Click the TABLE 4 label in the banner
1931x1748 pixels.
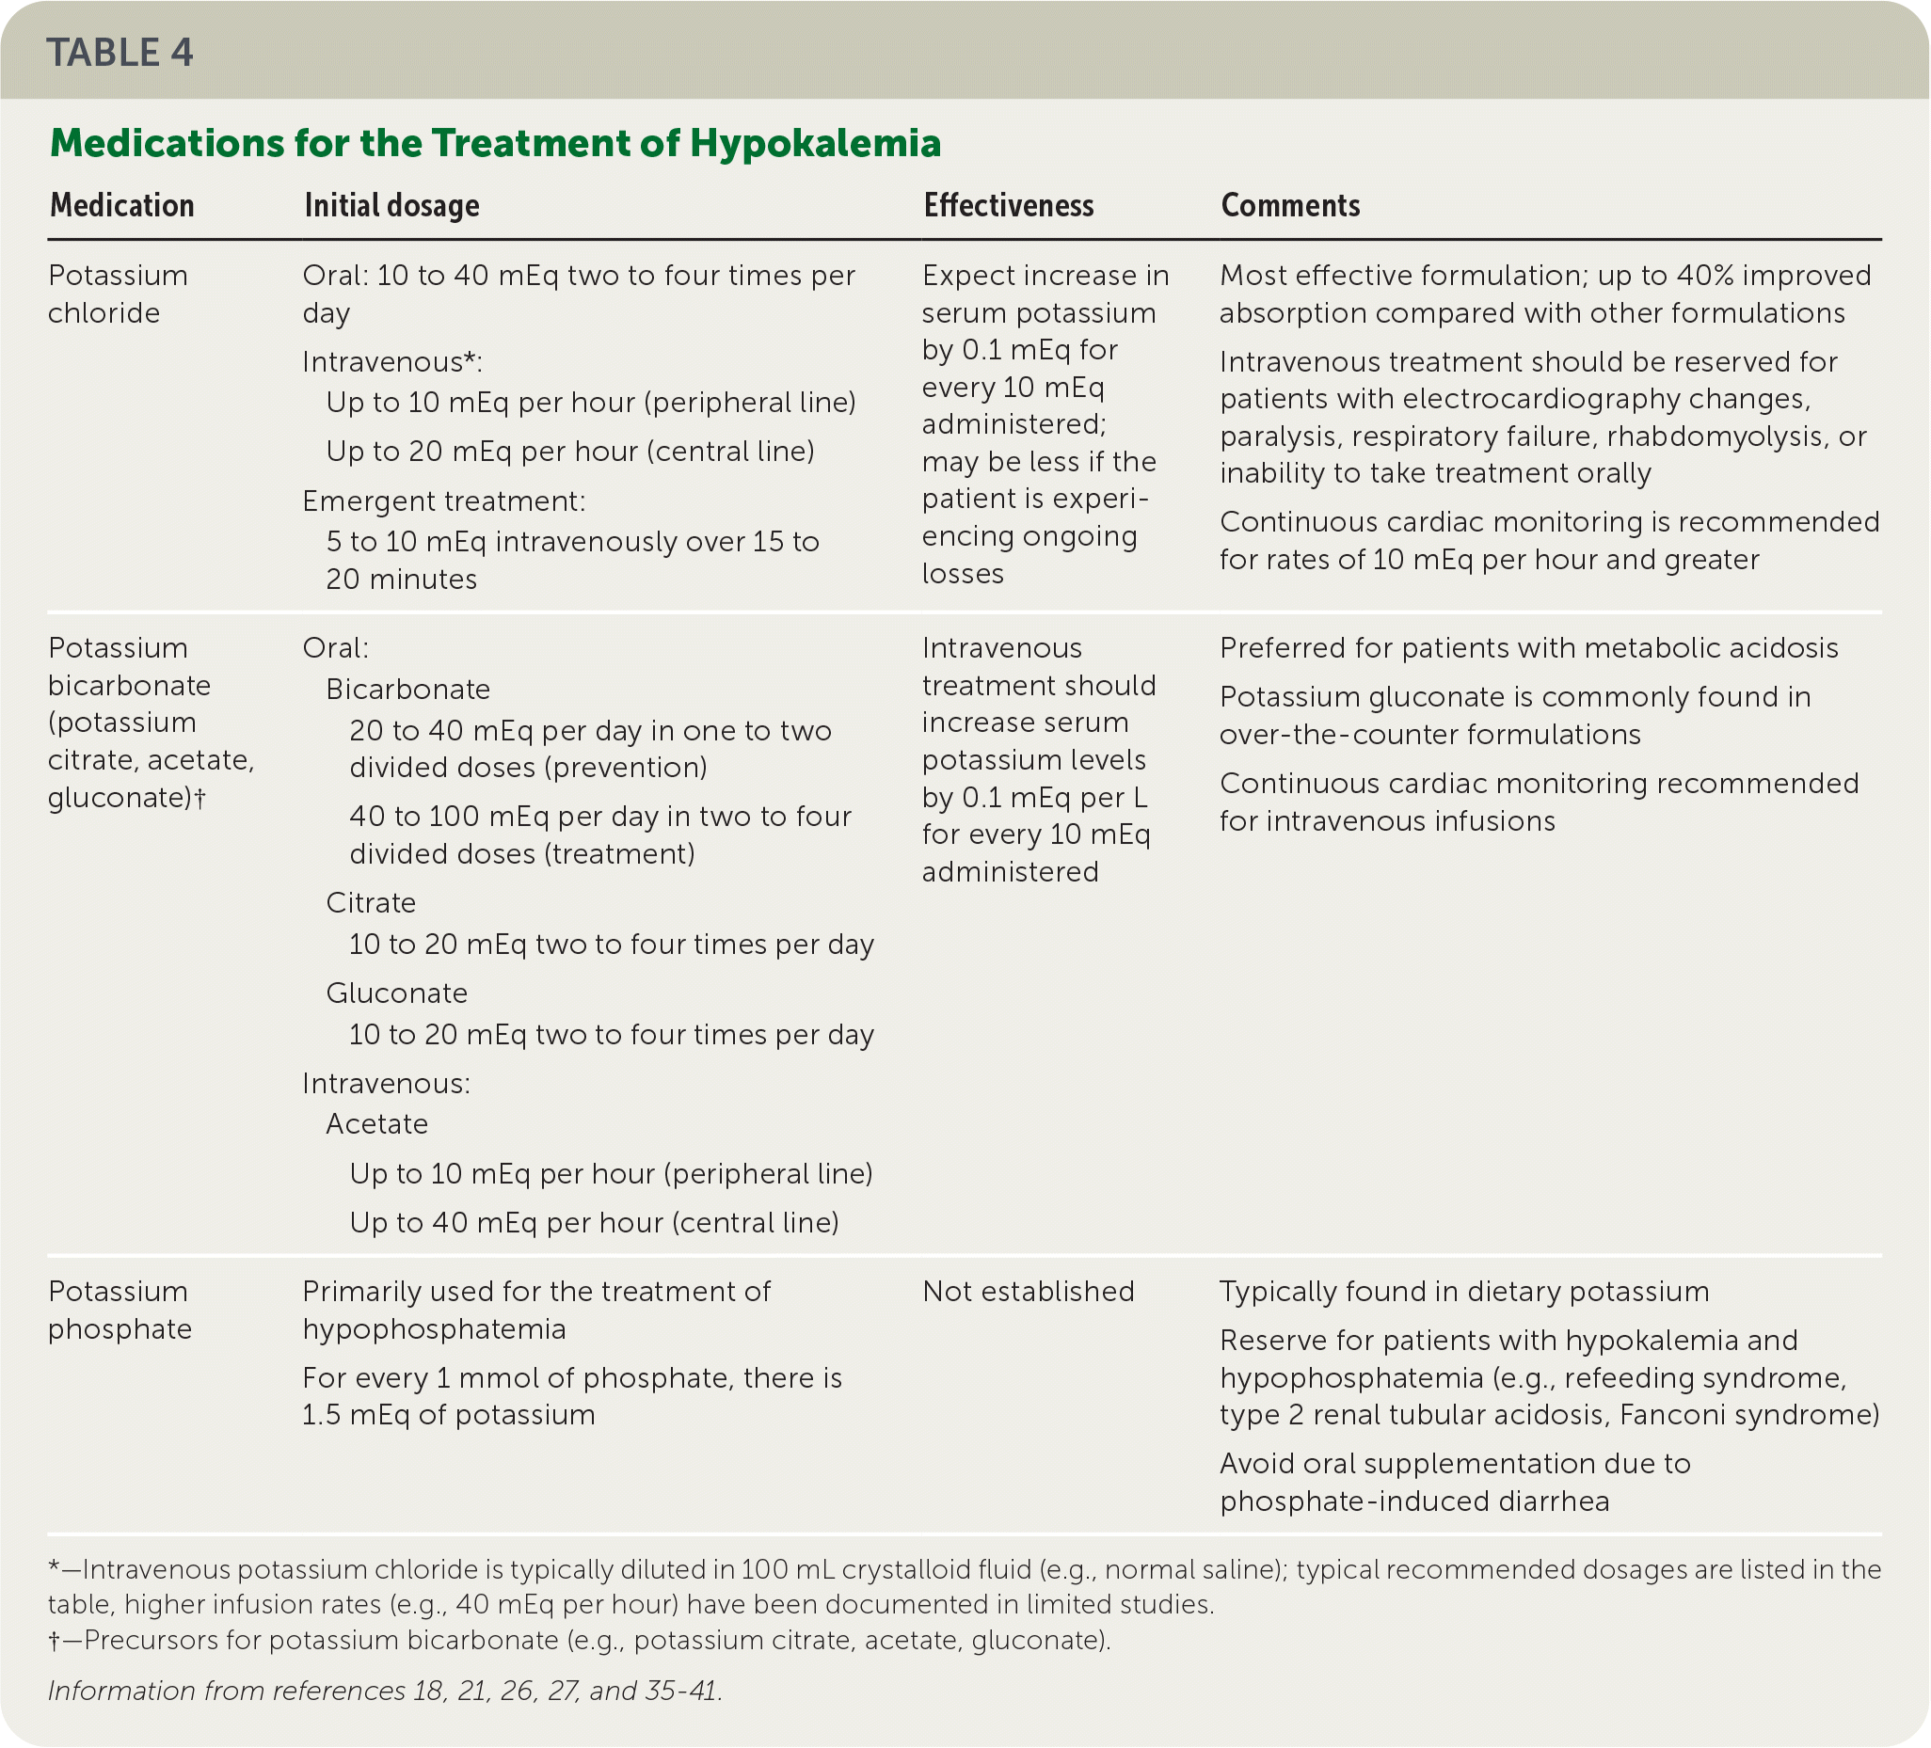(120, 53)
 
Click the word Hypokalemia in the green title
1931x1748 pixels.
(815, 144)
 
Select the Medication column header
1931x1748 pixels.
(121, 205)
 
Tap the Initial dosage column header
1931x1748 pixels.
(391, 205)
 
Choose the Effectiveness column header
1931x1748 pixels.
(1008, 205)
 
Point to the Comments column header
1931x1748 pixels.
(1289, 205)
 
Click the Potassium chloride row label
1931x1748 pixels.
(118, 294)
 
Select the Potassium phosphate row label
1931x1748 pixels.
(119, 1310)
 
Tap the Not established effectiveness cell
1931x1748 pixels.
(1028, 1291)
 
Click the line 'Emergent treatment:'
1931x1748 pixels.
(443, 501)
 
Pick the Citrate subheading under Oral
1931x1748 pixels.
(371, 902)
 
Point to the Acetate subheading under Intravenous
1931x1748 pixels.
(376, 1123)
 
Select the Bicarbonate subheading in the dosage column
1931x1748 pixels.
(408, 689)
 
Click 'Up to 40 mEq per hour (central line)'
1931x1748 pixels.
(594, 1222)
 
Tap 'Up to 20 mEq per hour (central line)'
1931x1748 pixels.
(570, 452)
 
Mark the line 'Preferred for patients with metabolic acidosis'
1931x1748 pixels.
(1528, 647)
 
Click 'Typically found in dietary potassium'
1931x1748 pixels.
(1463, 1291)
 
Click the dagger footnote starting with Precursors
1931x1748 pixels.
(580, 1640)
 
